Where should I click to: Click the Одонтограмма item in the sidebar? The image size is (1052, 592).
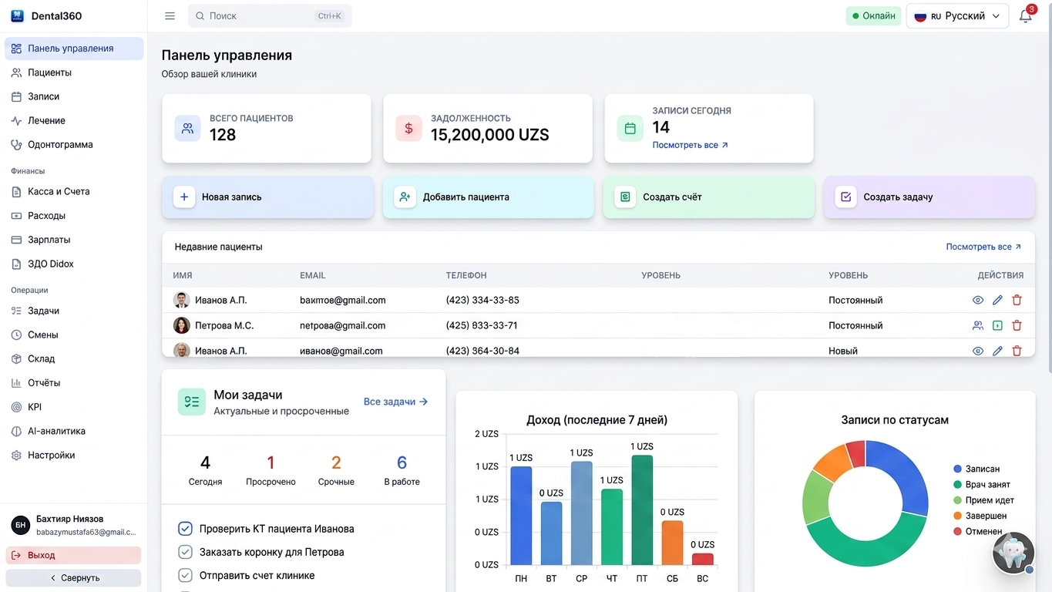point(60,145)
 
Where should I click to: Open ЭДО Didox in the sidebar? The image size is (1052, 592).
point(51,264)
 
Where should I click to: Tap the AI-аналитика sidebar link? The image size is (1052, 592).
point(56,432)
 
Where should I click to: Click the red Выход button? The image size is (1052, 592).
point(74,555)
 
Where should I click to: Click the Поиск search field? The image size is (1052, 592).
point(270,16)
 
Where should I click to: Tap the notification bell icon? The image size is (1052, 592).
point(1025,16)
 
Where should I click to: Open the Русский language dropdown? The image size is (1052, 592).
point(957,16)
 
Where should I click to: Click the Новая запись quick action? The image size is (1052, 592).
point(267,197)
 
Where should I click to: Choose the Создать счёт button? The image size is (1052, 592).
point(709,197)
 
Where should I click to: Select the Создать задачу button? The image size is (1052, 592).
point(929,197)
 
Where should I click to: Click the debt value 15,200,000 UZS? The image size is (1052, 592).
point(489,135)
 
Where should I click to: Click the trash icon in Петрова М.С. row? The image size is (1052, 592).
point(1017,325)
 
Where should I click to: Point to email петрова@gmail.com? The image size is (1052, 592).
point(342,325)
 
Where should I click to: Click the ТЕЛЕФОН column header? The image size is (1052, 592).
point(466,275)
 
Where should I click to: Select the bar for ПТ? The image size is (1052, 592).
point(642,510)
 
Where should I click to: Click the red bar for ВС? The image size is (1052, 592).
point(702,559)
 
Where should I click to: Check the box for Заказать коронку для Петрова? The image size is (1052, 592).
point(185,552)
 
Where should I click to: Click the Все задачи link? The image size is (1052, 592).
point(395,402)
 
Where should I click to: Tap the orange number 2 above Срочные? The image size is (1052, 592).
point(336,462)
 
